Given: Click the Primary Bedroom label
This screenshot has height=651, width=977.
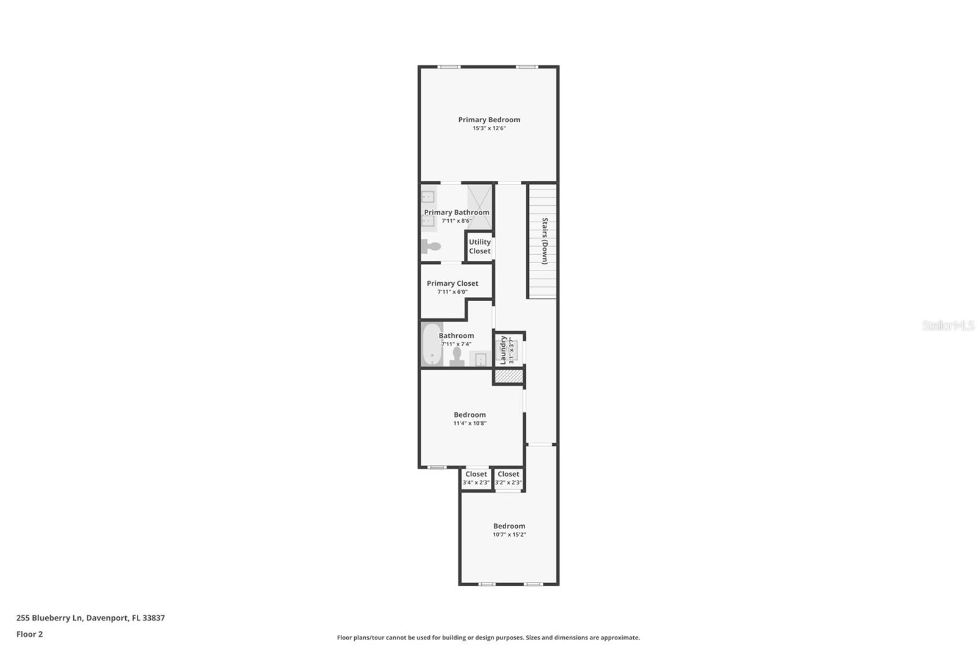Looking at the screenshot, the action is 489,120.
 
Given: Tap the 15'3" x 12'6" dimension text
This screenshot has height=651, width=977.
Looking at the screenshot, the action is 489,128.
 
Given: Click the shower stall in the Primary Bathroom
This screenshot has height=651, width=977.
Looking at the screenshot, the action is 479,207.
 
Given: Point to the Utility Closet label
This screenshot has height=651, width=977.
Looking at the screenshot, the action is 480,247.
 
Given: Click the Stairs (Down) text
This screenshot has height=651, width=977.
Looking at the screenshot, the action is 545,241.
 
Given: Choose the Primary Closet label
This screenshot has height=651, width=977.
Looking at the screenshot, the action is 452,283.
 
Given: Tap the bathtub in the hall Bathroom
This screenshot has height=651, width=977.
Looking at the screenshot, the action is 432,344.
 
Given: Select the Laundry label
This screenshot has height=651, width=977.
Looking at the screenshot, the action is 503,350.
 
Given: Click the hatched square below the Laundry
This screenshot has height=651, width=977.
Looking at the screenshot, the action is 508,377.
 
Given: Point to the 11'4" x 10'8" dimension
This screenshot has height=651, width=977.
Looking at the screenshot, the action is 470,423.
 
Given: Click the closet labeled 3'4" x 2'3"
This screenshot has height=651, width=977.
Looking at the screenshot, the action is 476,479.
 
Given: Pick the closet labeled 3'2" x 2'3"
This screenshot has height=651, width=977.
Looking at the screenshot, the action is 509,479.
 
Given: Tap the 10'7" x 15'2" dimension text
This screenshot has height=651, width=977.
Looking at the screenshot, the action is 509,534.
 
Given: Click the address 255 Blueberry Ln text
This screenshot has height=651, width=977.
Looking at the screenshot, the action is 49,618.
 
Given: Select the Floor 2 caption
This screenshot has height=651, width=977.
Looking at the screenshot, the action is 30,634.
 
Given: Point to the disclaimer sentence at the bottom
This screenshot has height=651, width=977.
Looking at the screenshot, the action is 488,638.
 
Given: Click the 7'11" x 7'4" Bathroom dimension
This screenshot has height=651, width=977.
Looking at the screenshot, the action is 456,344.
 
